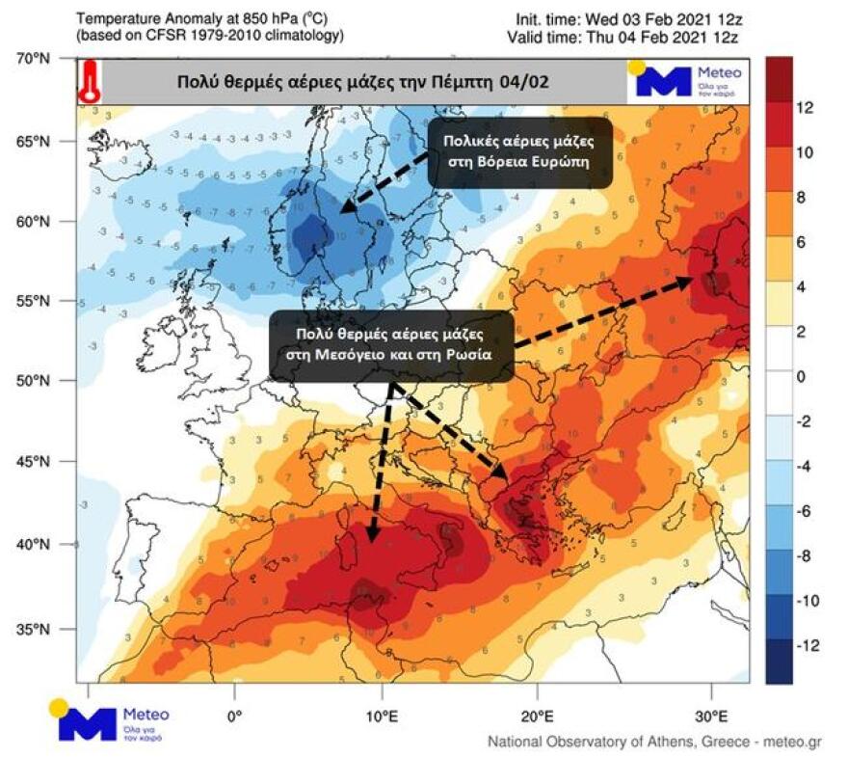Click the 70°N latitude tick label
point(35,59)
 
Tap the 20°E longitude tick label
point(537,716)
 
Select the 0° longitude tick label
point(234,716)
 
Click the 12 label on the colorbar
point(806,108)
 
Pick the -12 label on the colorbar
point(808,645)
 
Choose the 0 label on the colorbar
point(801,376)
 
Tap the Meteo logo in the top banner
point(686,81)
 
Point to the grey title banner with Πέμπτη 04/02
point(362,82)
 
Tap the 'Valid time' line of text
point(623,37)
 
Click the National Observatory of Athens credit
point(654,742)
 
